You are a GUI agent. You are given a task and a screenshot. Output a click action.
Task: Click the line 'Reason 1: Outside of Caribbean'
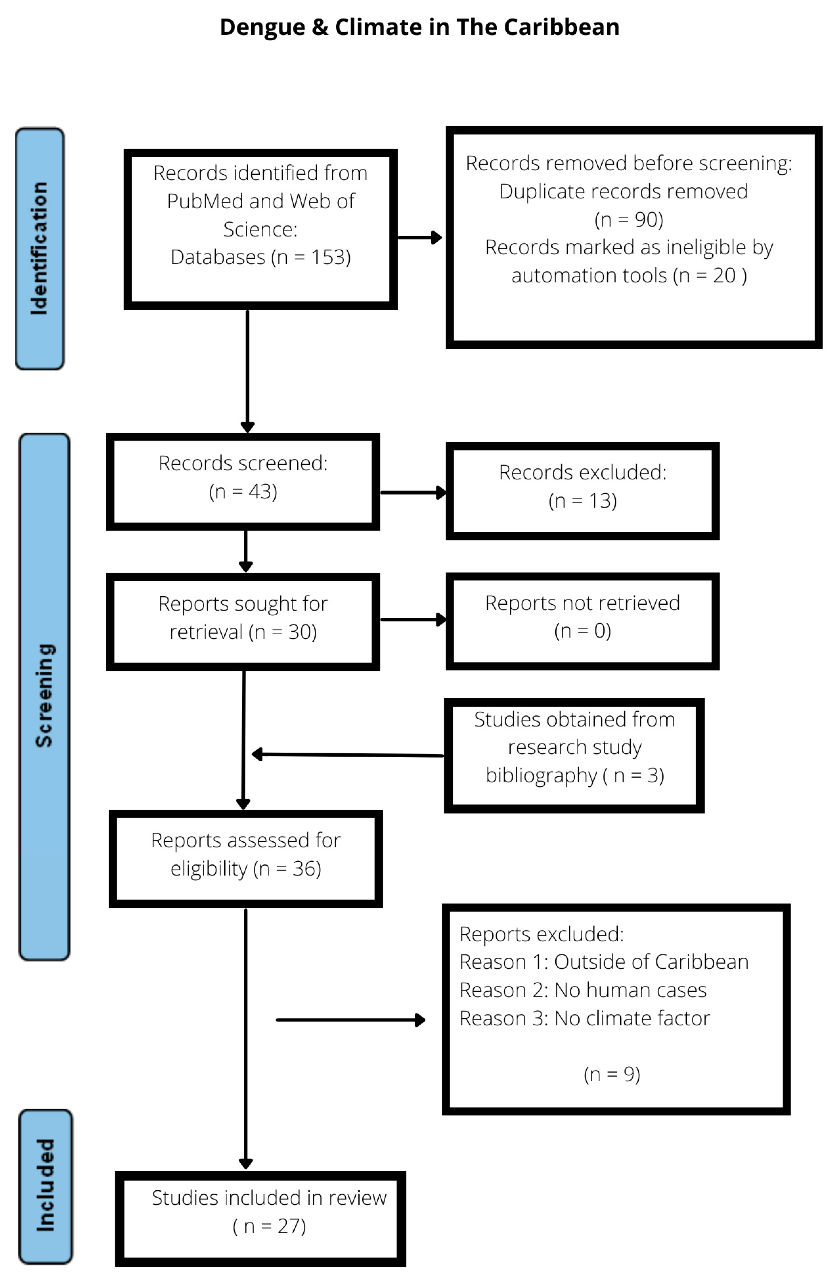coord(603,962)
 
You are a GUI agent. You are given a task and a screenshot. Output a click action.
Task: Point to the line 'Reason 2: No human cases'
coord(582,990)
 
